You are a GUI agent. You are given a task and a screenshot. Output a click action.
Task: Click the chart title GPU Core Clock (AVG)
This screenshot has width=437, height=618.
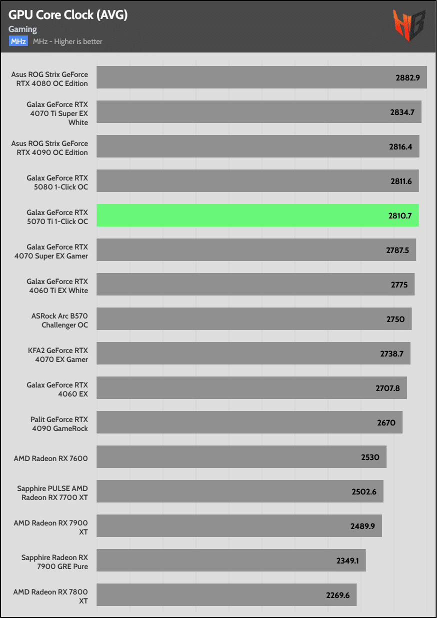[68, 15]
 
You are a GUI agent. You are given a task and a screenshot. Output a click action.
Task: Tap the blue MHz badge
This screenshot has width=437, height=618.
[18, 41]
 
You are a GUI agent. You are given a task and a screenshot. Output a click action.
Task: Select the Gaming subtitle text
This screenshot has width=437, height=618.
[22, 29]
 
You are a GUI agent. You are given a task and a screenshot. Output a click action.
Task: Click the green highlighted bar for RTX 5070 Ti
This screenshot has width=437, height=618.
[257, 215]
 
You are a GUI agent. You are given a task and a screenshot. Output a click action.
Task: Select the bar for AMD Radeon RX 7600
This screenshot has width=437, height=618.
[241, 457]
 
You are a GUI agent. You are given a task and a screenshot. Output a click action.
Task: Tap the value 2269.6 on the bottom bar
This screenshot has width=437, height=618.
[337, 595]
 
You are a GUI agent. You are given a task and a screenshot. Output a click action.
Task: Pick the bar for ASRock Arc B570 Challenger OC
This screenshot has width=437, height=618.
[254, 319]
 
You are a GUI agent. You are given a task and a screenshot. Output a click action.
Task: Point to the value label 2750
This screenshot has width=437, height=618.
[395, 319]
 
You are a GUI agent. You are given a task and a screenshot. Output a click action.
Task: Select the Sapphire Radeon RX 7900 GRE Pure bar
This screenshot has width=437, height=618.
[231, 560]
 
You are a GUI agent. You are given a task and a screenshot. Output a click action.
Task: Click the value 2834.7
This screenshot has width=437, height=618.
[402, 112]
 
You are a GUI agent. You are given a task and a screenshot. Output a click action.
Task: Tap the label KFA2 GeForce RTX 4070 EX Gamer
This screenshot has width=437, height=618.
[58, 355]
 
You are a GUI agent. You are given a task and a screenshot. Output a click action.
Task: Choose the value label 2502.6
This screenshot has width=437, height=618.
[364, 491]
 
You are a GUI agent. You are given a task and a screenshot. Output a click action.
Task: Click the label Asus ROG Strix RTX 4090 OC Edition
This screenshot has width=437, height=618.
[49, 148]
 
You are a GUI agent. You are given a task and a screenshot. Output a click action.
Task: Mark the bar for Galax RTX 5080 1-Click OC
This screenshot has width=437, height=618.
[257, 181]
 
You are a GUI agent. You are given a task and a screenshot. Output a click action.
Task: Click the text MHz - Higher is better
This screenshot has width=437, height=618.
[67, 41]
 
